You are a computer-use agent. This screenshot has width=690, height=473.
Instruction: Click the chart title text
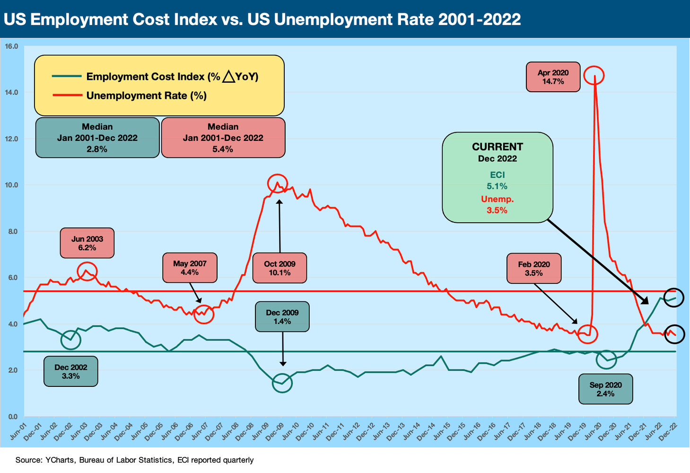tap(262, 19)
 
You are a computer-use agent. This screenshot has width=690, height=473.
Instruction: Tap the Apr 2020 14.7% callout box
tap(553, 77)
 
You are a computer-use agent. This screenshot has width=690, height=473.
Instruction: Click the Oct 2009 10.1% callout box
tap(279, 268)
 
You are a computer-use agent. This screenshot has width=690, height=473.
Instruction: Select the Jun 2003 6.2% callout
tap(87, 243)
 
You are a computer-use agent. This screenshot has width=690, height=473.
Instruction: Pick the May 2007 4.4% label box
tap(190, 268)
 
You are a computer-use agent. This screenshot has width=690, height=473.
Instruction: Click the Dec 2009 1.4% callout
tap(282, 316)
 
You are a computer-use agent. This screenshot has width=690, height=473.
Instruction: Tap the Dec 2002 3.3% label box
tap(70, 371)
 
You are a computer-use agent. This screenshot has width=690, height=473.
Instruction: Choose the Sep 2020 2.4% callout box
tap(605, 389)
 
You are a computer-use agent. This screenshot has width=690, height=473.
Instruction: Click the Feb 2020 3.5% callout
tap(533, 268)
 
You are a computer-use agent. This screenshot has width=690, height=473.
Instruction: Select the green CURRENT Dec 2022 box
tap(497, 177)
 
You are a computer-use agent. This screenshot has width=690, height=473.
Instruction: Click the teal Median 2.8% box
tap(97, 138)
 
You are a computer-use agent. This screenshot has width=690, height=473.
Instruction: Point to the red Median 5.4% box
tap(223, 138)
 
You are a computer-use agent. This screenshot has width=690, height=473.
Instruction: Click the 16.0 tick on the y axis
tap(11, 46)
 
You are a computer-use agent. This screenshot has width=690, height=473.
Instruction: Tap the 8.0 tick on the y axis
tap(11, 231)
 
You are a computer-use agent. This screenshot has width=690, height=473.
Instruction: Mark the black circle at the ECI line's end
tap(674, 298)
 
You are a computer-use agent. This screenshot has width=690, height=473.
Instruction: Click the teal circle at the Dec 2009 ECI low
tap(282, 383)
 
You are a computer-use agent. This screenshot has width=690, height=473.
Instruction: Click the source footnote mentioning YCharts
tap(134, 460)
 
